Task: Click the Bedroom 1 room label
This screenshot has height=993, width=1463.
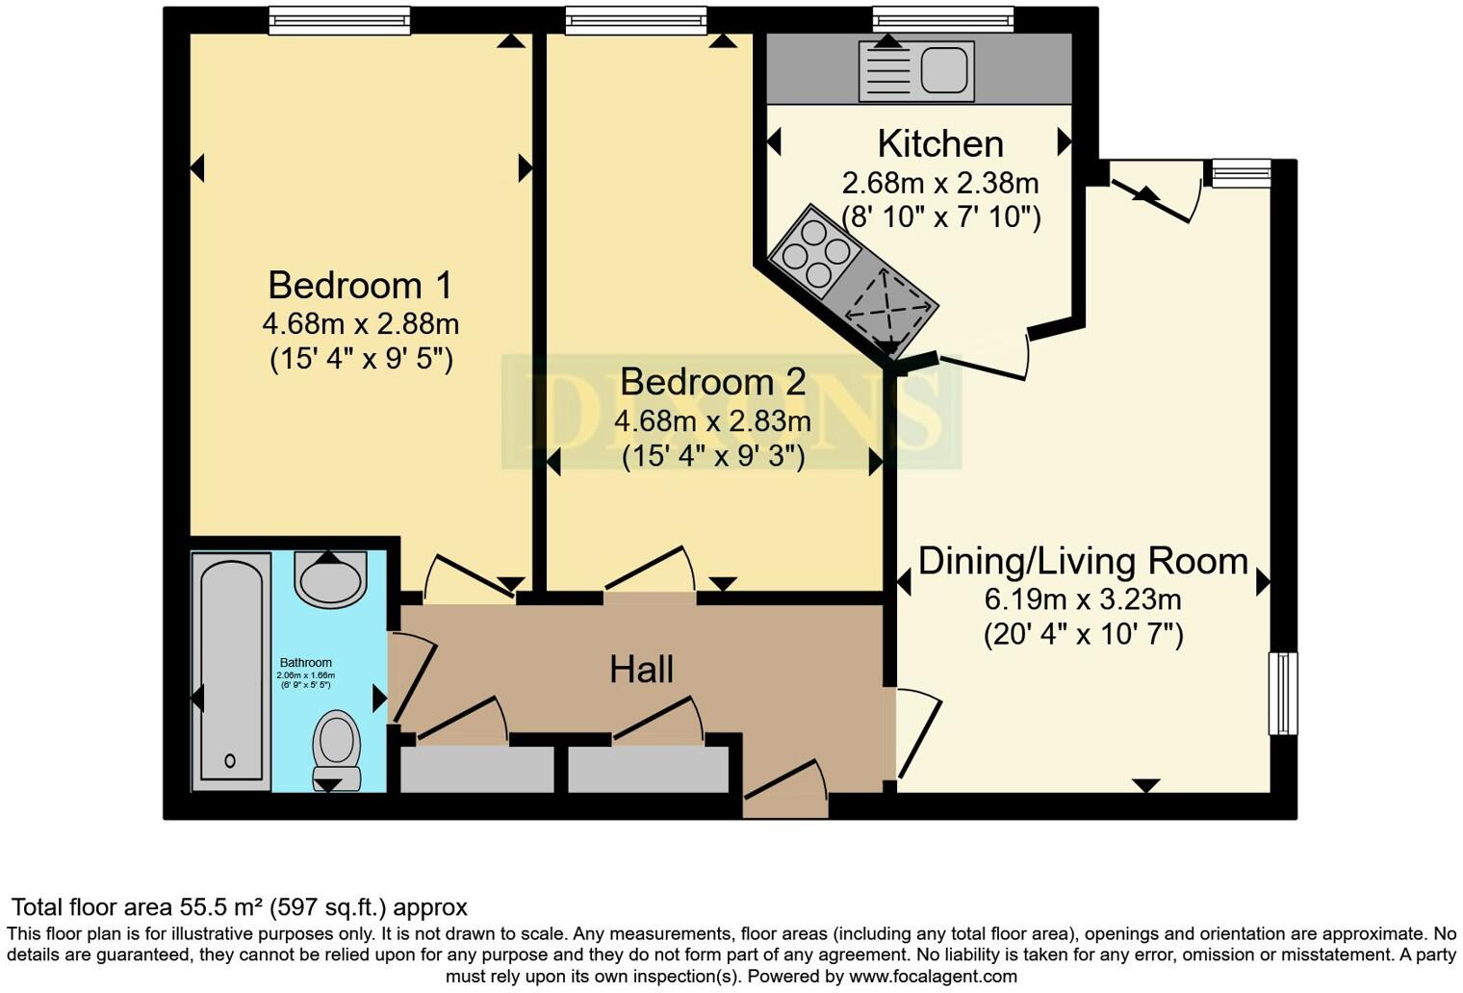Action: pyautogui.click(x=360, y=286)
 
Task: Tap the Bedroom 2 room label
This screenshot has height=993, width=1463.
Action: pyautogui.click(x=712, y=382)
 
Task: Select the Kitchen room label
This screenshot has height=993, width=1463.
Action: pyautogui.click(x=940, y=144)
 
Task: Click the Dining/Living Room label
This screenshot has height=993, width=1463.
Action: pyautogui.click(x=1083, y=561)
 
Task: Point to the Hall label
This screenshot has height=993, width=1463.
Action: pyautogui.click(x=641, y=670)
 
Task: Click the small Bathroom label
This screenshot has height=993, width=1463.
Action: pyautogui.click(x=306, y=662)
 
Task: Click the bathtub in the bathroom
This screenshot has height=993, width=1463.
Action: pyautogui.click(x=231, y=672)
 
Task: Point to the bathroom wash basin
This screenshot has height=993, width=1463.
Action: pyautogui.click(x=329, y=579)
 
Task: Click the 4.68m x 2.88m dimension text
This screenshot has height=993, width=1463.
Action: pyautogui.click(x=360, y=323)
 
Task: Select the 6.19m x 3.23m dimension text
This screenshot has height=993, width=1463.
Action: pyautogui.click(x=1083, y=599)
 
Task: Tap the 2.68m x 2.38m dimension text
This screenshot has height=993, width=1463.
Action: pyautogui.click(x=940, y=182)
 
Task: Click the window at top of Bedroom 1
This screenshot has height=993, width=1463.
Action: pyautogui.click(x=339, y=20)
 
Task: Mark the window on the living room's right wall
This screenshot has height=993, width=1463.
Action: pyautogui.click(x=1283, y=693)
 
